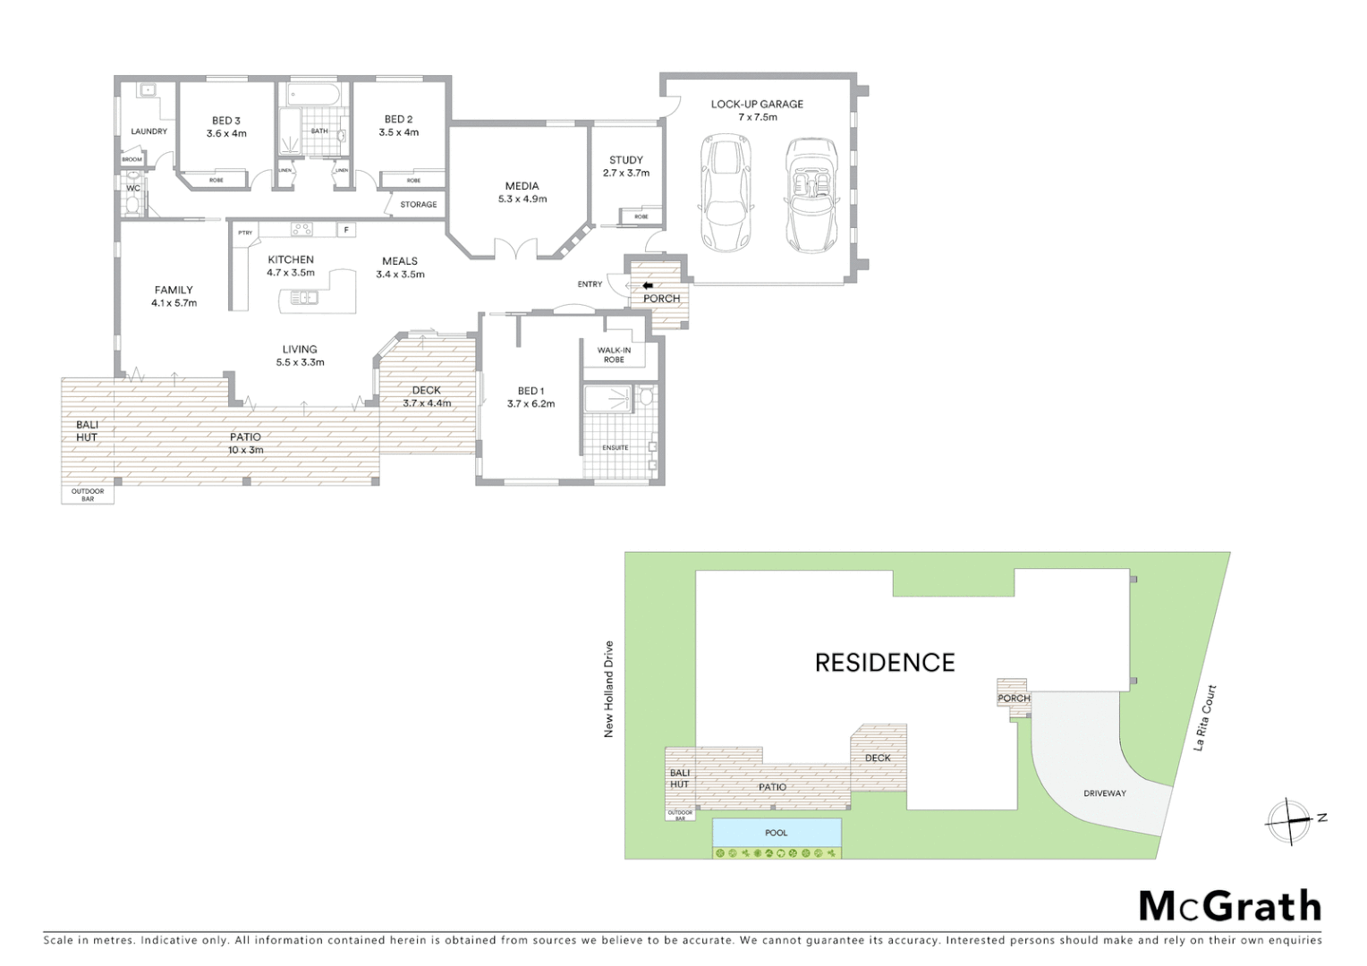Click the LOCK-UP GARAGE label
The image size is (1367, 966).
click(x=757, y=105)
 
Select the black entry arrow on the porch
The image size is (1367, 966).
click(x=648, y=285)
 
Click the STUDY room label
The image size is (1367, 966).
click(x=626, y=160)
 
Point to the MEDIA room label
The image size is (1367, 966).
click(x=522, y=187)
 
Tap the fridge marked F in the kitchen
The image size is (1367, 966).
click(x=345, y=230)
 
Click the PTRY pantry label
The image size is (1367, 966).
click(x=244, y=233)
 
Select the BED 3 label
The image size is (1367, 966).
click(x=226, y=121)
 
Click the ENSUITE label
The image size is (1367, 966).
click(x=616, y=447)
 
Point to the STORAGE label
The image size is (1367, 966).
click(x=418, y=205)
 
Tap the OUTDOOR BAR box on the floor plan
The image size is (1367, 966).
click(x=88, y=494)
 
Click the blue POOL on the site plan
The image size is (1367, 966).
click(x=777, y=833)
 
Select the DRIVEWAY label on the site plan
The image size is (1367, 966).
click(x=1105, y=793)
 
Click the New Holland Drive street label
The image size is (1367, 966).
click(x=609, y=689)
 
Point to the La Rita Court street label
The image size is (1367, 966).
click(x=1206, y=717)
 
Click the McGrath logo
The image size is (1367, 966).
click(x=1229, y=906)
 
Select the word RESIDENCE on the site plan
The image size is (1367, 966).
click(x=885, y=663)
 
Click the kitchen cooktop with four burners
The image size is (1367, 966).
click(x=301, y=229)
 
